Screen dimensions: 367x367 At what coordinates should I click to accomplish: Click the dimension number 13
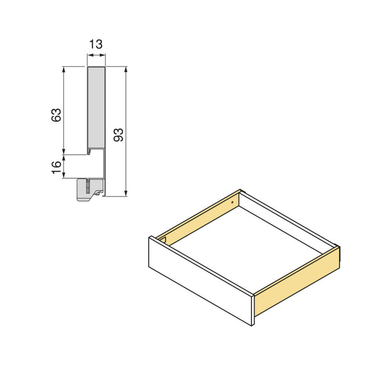click(95, 45)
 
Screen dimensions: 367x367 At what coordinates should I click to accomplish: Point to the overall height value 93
click(118, 135)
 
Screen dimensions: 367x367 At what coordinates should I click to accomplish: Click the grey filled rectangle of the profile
click(96, 107)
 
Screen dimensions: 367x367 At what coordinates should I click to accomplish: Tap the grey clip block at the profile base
click(88, 190)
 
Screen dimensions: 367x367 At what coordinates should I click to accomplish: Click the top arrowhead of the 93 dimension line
click(126, 69)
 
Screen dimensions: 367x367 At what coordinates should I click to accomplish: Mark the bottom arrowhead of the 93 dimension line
click(126, 194)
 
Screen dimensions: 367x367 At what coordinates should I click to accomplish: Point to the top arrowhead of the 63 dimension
click(64, 69)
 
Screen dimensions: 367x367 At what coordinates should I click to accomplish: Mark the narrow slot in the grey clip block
click(89, 186)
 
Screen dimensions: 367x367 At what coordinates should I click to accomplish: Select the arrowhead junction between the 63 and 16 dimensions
click(64, 155)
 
